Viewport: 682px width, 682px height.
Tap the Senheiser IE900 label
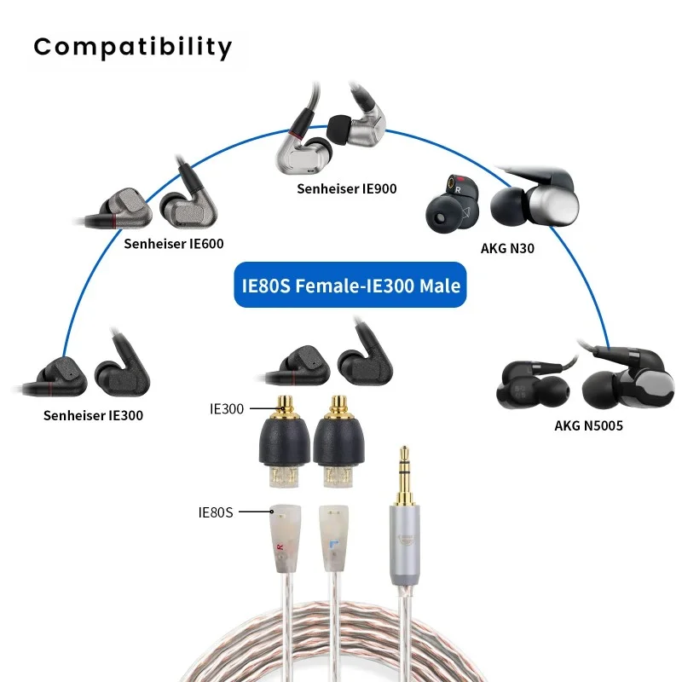pos(347,188)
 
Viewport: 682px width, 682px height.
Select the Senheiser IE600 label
pos(174,243)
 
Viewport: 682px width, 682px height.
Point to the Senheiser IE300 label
pos(93,415)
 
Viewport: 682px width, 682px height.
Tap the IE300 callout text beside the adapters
pos(227,409)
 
